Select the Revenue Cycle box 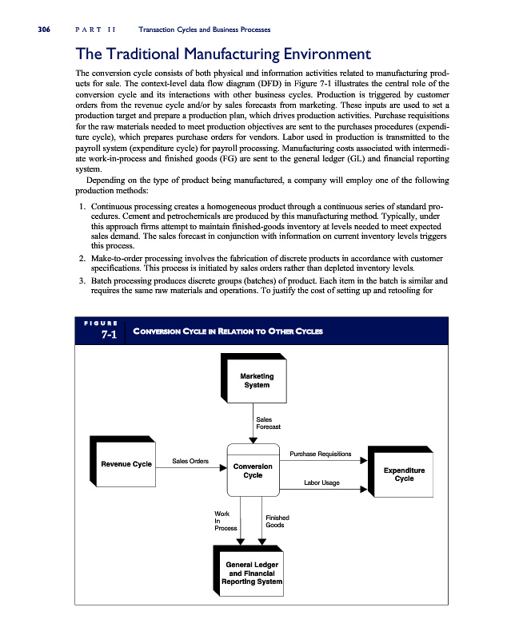[x=126, y=464]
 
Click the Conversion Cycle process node [x=253, y=470]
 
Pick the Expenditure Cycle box [x=404, y=474]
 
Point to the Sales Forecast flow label [x=268, y=423]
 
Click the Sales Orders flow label [x=190, y=461]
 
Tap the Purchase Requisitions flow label [x=320, y=454]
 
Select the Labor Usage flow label [x=321, y=482]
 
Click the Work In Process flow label [x=225, y=521]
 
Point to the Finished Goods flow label [x=276, y=521]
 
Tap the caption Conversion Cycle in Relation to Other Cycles [x=227, y=331]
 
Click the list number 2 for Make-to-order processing [x=82, y=259]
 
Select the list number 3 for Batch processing [x=82, y=281]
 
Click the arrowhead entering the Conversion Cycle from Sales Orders [x=223, y=468]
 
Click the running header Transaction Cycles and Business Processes [x=204, y=30]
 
